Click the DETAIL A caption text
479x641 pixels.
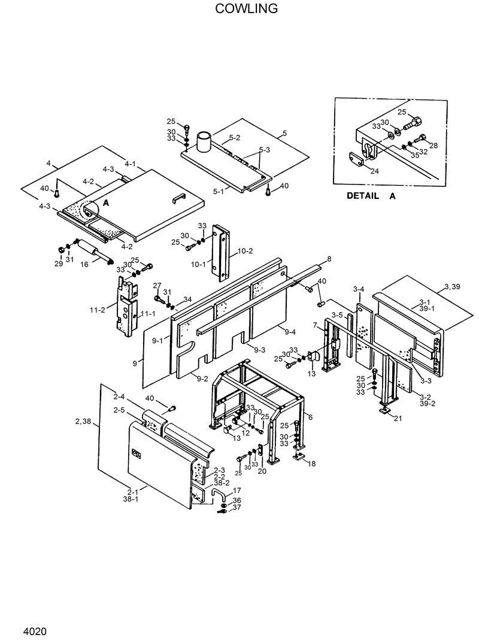coord(371,196)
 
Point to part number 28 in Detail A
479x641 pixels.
coord(433,146)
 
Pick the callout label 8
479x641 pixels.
coord(329,259)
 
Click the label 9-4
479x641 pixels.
coord(290,332)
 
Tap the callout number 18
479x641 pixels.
coord(311,463)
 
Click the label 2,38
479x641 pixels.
coord(84,422)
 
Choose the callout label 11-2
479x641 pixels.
coord(98,309)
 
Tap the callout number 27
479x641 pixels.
coord(157,286)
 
